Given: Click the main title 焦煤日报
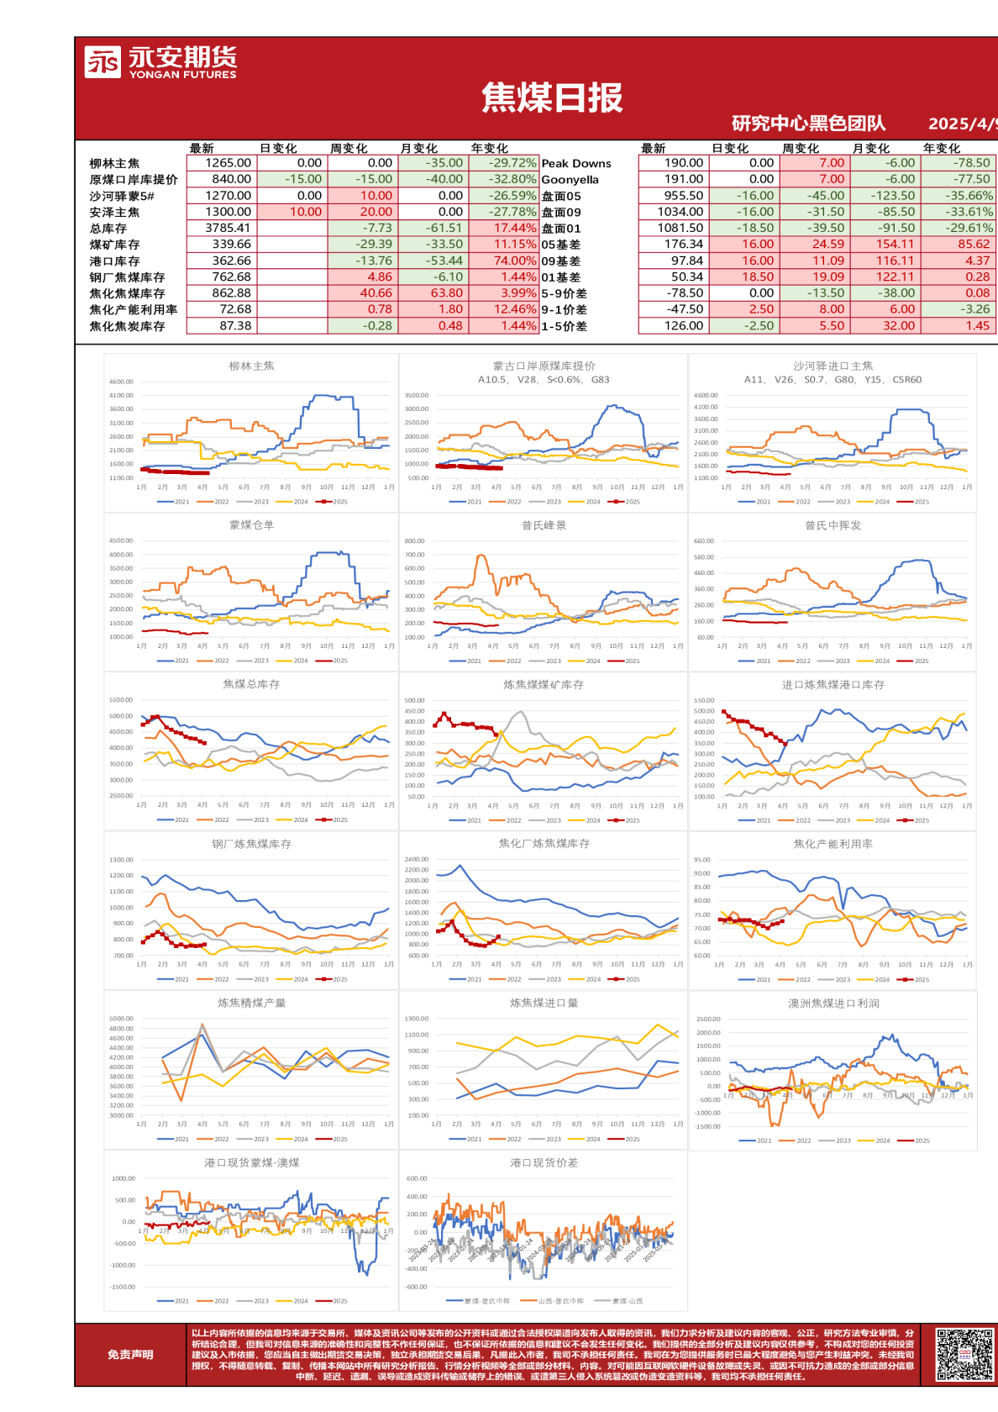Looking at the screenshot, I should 552,98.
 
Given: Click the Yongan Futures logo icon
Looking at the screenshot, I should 103,61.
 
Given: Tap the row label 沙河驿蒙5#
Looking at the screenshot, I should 122,196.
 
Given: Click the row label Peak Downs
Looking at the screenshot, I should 576,163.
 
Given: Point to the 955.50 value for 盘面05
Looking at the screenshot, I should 685,195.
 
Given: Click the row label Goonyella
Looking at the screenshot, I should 570,179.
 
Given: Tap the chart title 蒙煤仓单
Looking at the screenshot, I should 251,525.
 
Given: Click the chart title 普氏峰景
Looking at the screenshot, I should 544,525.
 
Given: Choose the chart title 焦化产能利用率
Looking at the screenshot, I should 833,844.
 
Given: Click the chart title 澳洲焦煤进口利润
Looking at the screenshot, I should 833,1004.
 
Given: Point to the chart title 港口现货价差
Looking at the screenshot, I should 544,1163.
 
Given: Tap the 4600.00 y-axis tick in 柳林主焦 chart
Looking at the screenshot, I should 121,382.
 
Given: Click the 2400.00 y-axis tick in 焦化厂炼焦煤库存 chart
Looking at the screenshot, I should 417,860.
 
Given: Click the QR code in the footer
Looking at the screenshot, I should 964,1354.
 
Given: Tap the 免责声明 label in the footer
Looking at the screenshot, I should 130,1354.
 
